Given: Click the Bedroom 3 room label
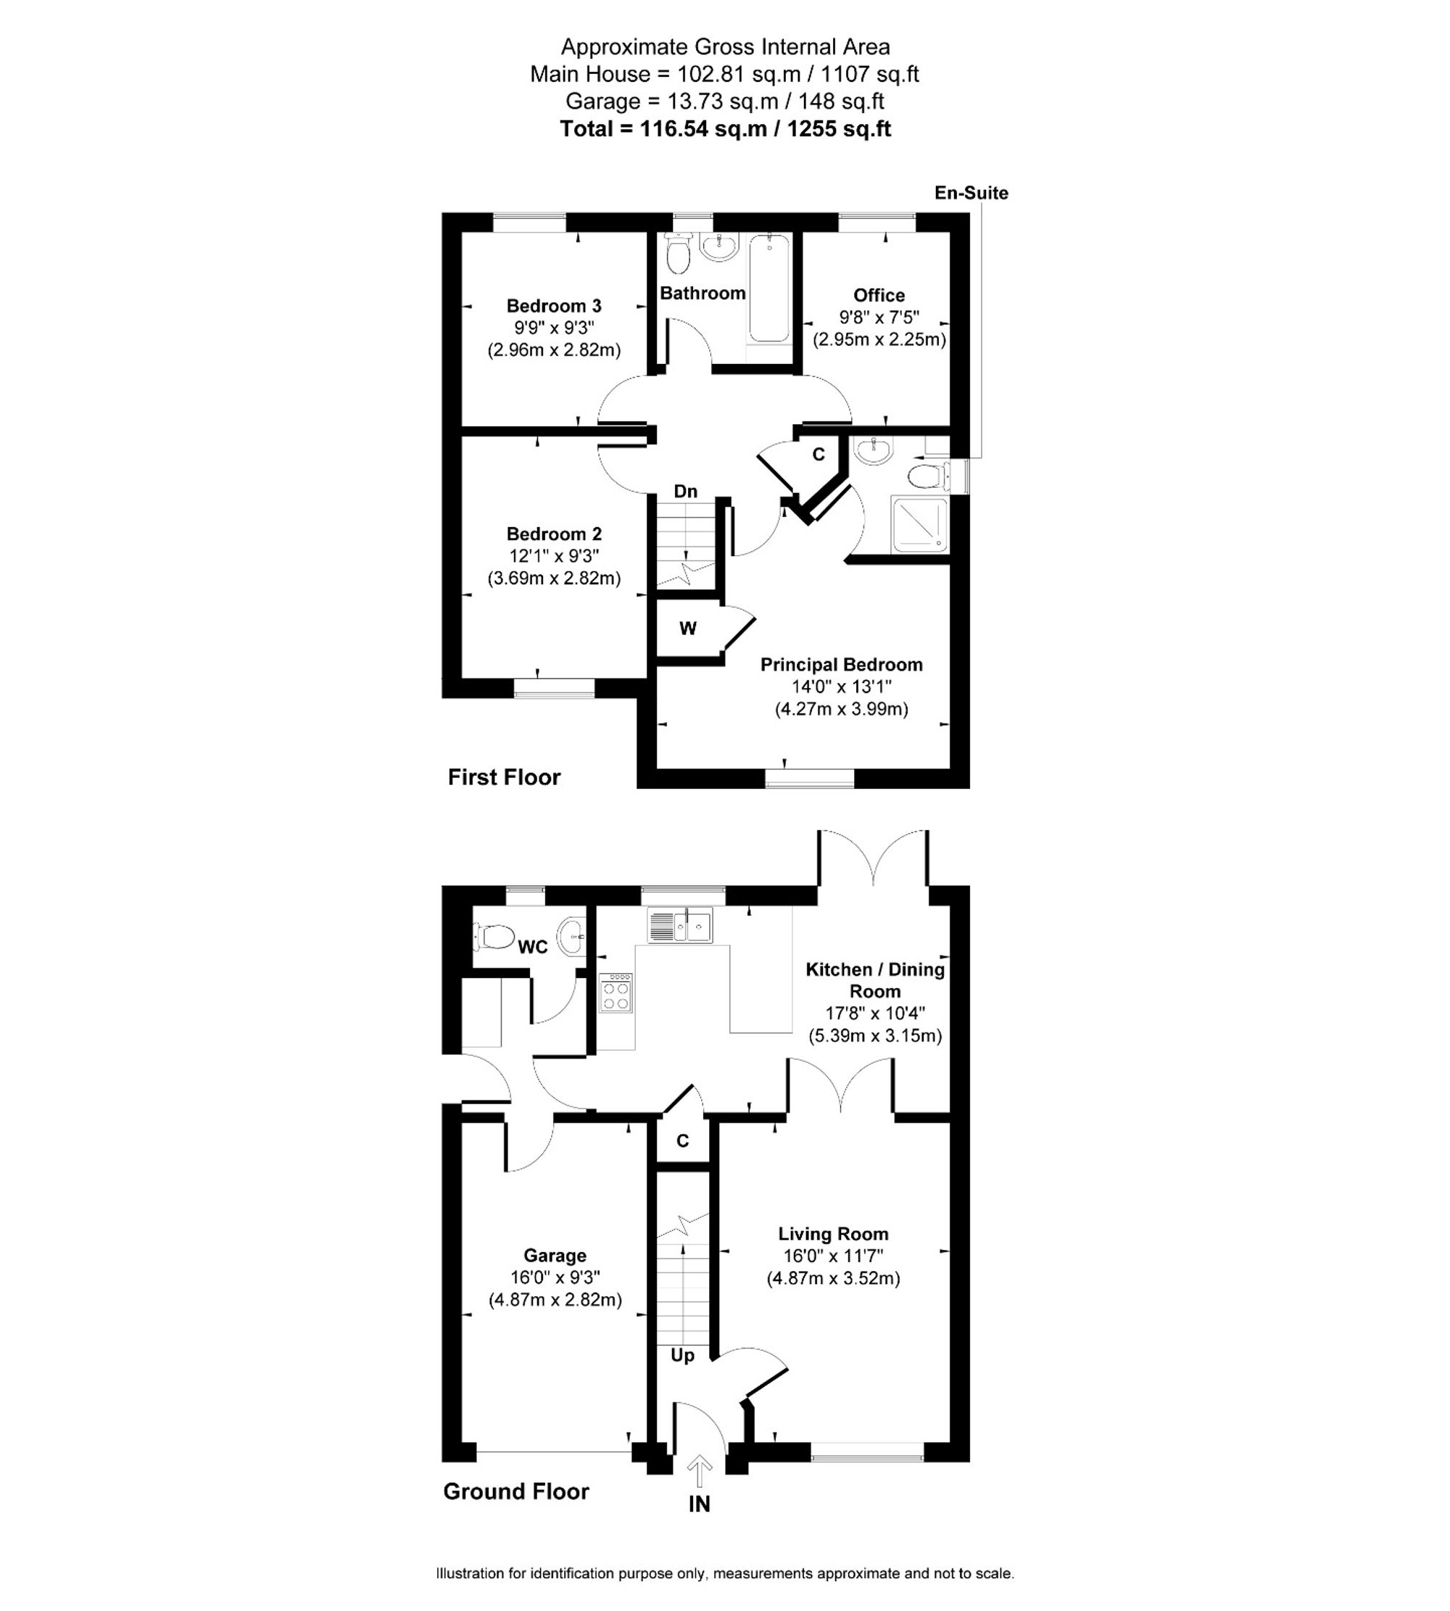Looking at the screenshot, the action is point(554,306).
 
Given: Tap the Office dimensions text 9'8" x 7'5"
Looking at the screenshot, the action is point(879,317).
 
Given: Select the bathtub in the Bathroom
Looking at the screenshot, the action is point(768,289).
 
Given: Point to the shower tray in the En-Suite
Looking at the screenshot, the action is point(920,524).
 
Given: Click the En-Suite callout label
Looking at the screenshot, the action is point(971,193).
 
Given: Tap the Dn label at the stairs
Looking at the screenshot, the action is point(685,491).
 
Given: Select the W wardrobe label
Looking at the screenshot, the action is point(687,629).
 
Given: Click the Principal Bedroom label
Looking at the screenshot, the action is point(841,664).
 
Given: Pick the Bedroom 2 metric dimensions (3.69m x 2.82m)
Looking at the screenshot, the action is point(554,578).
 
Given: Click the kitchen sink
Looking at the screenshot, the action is point(680,926).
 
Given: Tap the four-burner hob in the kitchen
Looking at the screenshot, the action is point(616,992).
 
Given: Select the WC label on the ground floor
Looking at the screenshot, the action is point(533,948).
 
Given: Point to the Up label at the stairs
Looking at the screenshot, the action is point(682,1355).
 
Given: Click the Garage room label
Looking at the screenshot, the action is point(555,1256).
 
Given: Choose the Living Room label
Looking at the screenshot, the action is point(833,1234).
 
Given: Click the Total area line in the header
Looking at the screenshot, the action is point(725,128).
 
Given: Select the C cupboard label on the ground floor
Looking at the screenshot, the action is point(682,1141).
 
